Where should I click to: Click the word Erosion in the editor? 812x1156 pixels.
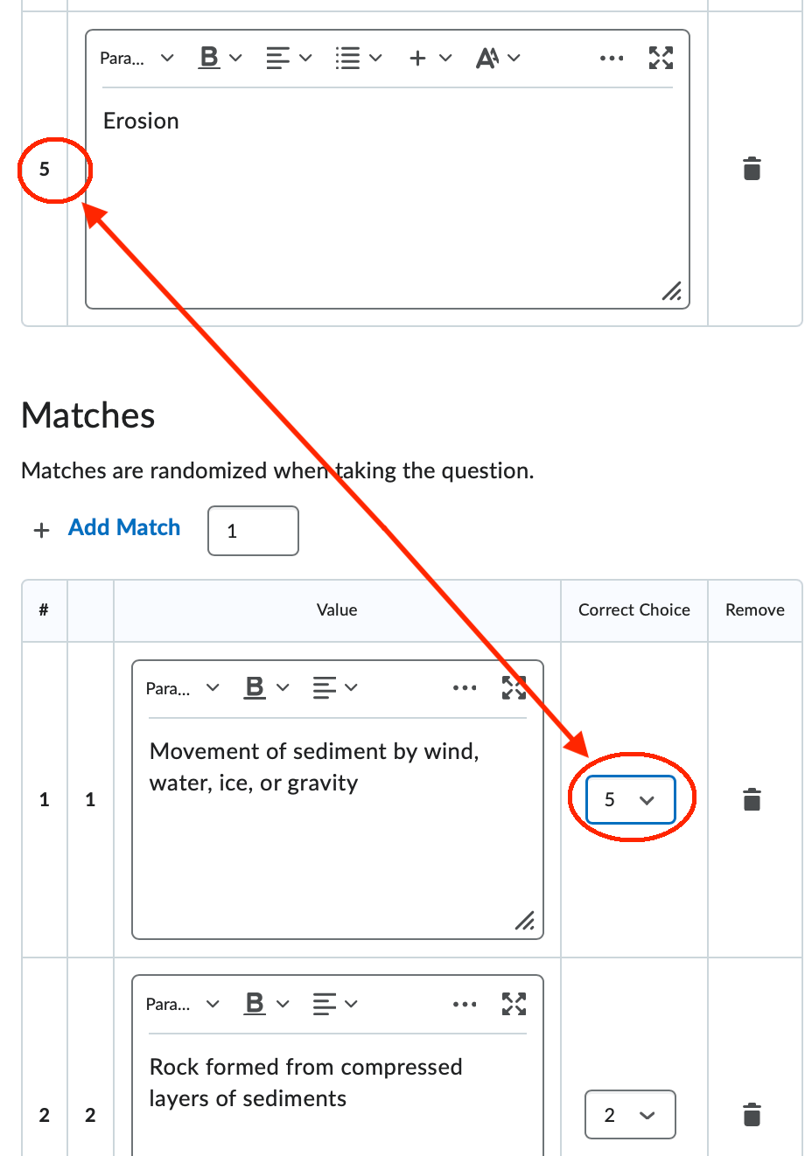141,121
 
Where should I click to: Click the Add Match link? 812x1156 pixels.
124,528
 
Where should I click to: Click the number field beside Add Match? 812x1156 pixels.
253,531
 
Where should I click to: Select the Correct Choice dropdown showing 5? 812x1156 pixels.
630,799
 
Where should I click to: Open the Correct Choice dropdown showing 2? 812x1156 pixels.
630,1115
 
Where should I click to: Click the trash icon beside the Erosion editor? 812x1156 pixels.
752,169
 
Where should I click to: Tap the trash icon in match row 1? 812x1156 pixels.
752,799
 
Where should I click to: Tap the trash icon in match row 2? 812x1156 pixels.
752,1115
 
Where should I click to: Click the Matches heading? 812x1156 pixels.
88,415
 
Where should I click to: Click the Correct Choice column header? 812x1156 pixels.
633,610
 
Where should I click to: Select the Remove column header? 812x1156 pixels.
754,610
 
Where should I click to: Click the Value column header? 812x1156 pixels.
337,610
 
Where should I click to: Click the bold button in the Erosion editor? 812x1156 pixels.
210,58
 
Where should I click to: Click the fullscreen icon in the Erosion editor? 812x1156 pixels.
661,59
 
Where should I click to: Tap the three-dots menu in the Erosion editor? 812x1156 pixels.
612,59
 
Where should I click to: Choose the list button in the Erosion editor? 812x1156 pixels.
348,59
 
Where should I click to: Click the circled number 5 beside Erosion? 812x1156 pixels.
45,170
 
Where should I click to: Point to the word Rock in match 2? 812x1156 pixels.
175,1068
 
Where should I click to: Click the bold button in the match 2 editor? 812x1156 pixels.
255,1004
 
